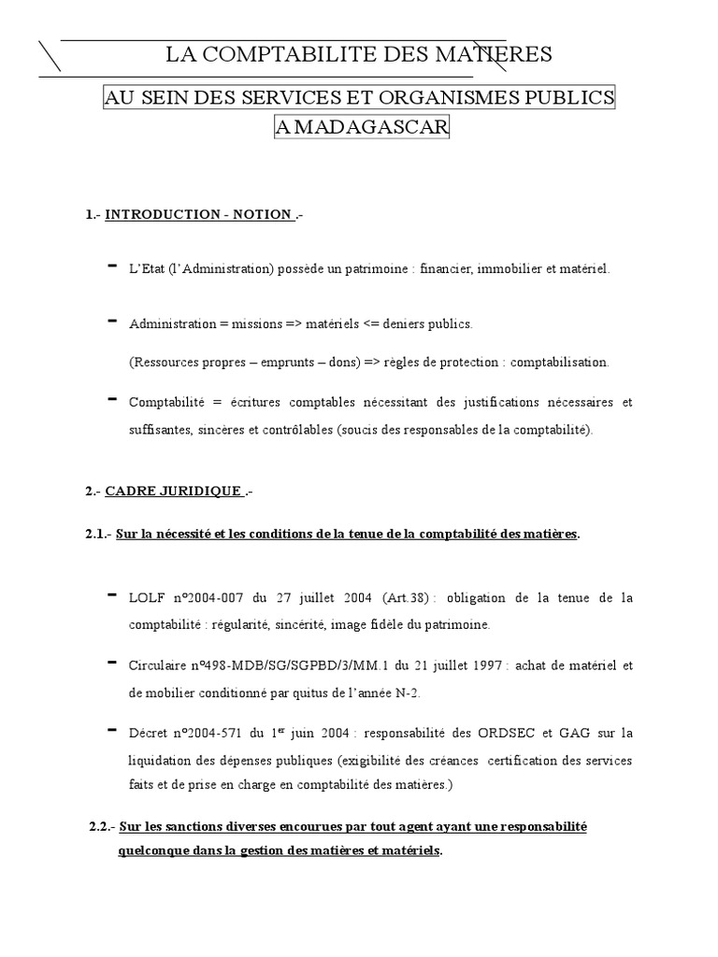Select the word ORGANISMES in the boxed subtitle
pyautogui.click(x=438, y=98)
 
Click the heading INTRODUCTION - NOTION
pyautogui.click(x=198, y=215)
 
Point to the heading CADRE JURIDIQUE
pyautogui.click(x=175, y=492)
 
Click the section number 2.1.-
pyautogui.click(x=98, y=534)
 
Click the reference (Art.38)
pyautogui.click(x=403, y=597)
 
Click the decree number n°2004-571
pyautogui.click(x=216, y=734)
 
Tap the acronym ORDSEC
pyautogui.click(x=524, y=734)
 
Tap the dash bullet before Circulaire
pyautogui.click(x=112, y=662)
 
